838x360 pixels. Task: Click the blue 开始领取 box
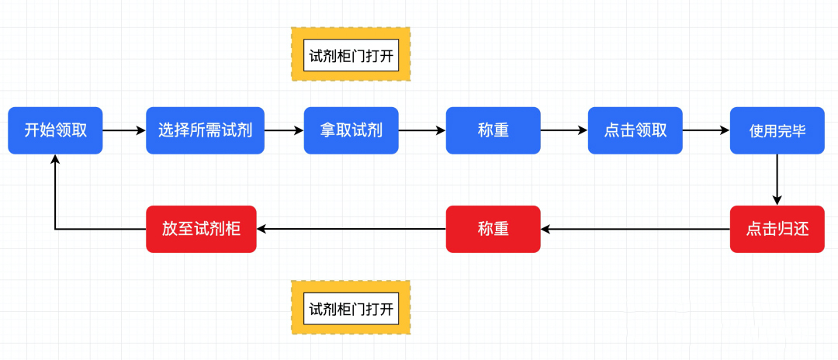[x=55, y=130]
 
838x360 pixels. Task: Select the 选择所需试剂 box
[x=205, y=130]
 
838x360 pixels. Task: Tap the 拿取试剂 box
[x=351, y=130]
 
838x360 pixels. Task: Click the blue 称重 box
[x=493, y=130]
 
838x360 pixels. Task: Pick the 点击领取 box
[x=635, y=130]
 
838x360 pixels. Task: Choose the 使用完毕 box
[x=777, y=130]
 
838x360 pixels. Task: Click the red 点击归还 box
[x=777, y=229]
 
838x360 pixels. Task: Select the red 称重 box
[x=493, y=229]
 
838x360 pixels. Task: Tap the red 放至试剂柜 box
[x=201, y=229]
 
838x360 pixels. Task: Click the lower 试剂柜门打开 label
[x=351, y=308]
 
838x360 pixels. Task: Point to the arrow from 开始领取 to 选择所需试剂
[x=124, y=130]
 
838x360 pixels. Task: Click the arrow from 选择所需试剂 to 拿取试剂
[x=284, y=130]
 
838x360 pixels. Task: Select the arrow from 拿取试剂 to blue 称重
[x=422, y=130]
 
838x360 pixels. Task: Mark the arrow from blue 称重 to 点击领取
[x=564, y=130]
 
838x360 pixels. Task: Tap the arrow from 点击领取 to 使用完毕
[x=707, y=130]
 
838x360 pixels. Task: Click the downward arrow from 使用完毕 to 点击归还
[x=777, y=180]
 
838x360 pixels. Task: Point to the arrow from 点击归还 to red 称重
[x=635, y=229]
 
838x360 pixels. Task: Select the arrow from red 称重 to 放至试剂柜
[x=351, y=229]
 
